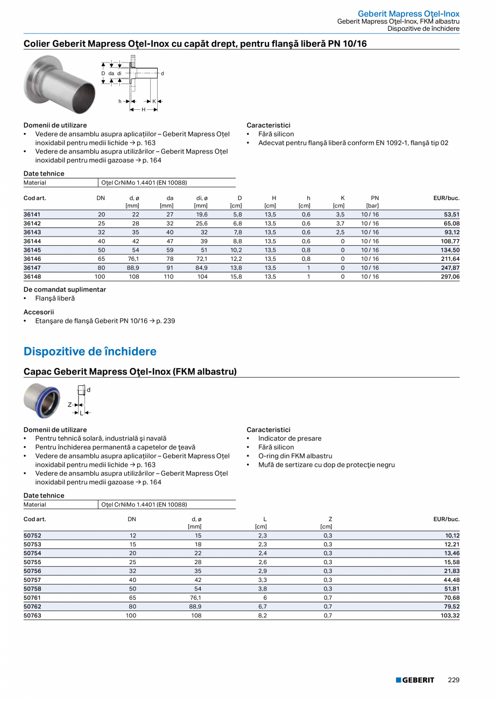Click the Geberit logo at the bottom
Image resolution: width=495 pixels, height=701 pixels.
(x=415, y=680)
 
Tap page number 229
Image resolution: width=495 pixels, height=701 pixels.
(x=454, y=680)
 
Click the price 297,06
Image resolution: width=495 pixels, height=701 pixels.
(x=449, y=276)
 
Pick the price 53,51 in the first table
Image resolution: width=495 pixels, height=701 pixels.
(x=450, y=215)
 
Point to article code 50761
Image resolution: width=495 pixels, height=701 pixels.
(x=32, y=598)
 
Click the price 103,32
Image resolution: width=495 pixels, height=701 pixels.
(x=449, y=615)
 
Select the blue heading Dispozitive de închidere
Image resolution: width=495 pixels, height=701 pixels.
(x=90, y=352)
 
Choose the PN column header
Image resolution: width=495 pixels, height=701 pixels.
(x=375, y=198)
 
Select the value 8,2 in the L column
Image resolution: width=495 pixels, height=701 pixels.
(x=263, y=615)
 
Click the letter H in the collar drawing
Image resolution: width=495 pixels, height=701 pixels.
(x=144, y=109)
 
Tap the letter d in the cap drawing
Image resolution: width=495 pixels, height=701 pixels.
(x=89, y=390)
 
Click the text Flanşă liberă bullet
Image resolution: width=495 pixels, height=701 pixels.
(x=55, y=299)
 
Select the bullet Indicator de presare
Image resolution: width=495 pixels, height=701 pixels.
(x=289, y=439)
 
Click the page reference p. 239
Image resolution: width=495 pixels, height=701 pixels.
(x=165, y=321)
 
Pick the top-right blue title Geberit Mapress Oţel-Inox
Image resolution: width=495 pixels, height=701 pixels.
(x=409, y=14)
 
